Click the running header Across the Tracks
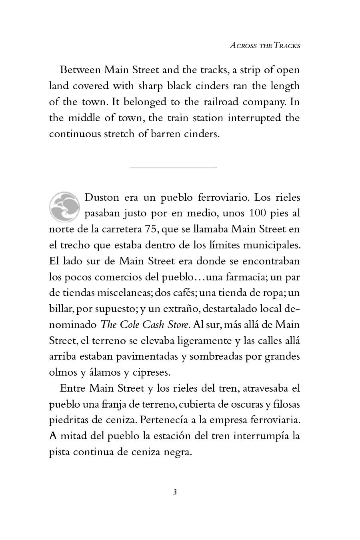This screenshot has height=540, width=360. coord(265,45)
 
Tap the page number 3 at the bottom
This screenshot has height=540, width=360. coord(174,492)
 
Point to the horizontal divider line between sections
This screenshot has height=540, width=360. coord(173,166)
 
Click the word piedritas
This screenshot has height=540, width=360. coord(67,420)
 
